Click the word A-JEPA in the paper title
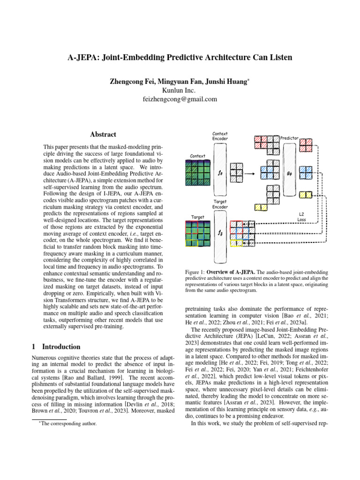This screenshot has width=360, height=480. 85,58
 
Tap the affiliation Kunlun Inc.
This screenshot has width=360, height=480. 180,90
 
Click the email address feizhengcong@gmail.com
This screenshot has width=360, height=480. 180,99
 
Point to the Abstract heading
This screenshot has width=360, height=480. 103,134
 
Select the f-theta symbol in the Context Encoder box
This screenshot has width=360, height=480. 220,172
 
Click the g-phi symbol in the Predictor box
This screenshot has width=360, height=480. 289,172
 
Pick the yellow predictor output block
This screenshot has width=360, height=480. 306,195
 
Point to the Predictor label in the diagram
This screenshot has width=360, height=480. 289,138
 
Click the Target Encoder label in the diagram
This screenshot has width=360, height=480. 220,204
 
